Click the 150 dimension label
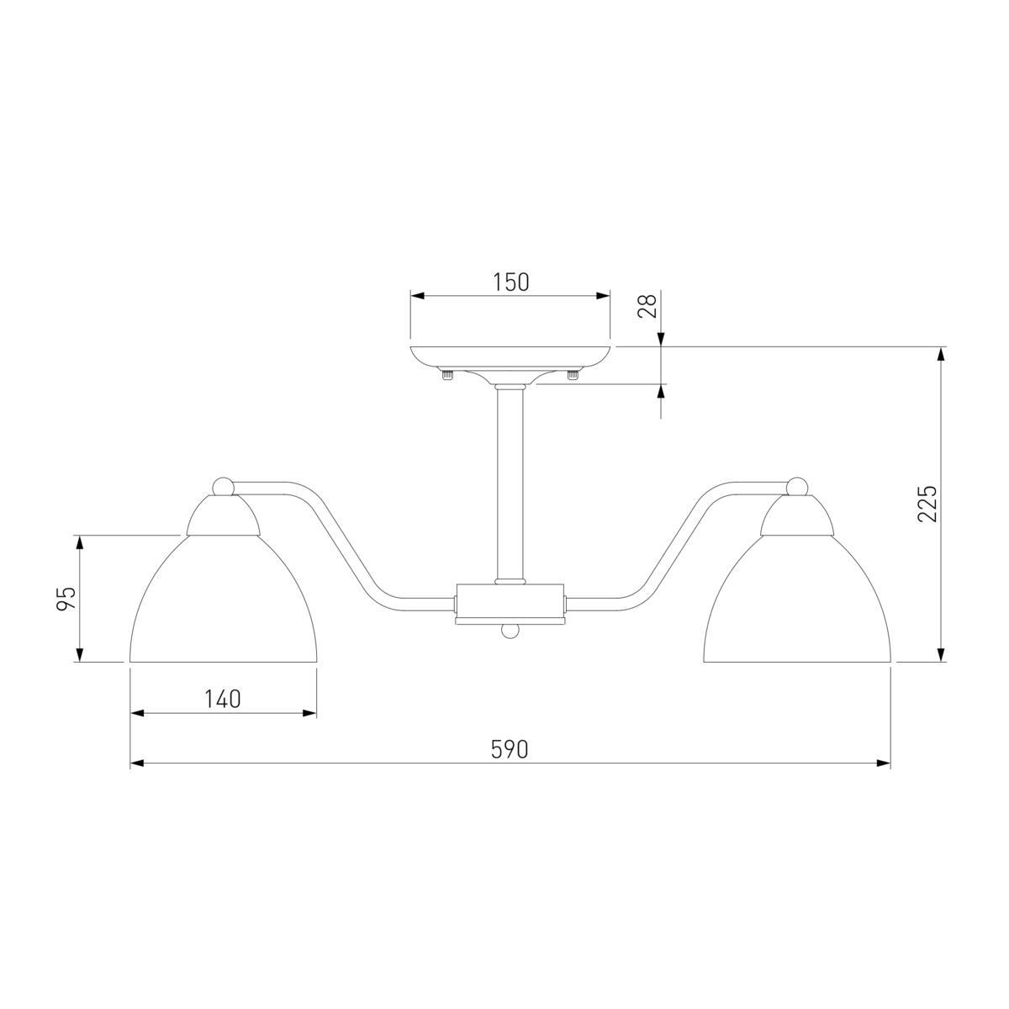pyautogui.click(x=510, y=283)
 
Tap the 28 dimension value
pyautogui.click(x=647, y=306)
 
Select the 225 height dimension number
pyautogui.click(x=927, y=504)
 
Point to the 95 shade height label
pyautogui.click(x=66, y=599)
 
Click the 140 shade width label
pyautogui.click(x=223, y=699)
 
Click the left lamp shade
pyautogui.click(x=223, y=599)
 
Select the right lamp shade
pyautogui.click(x=796, y=599)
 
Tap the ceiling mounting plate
pyautogui.click(x=510, y=358)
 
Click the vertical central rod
pyautogui.click(x=510, y=484)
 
